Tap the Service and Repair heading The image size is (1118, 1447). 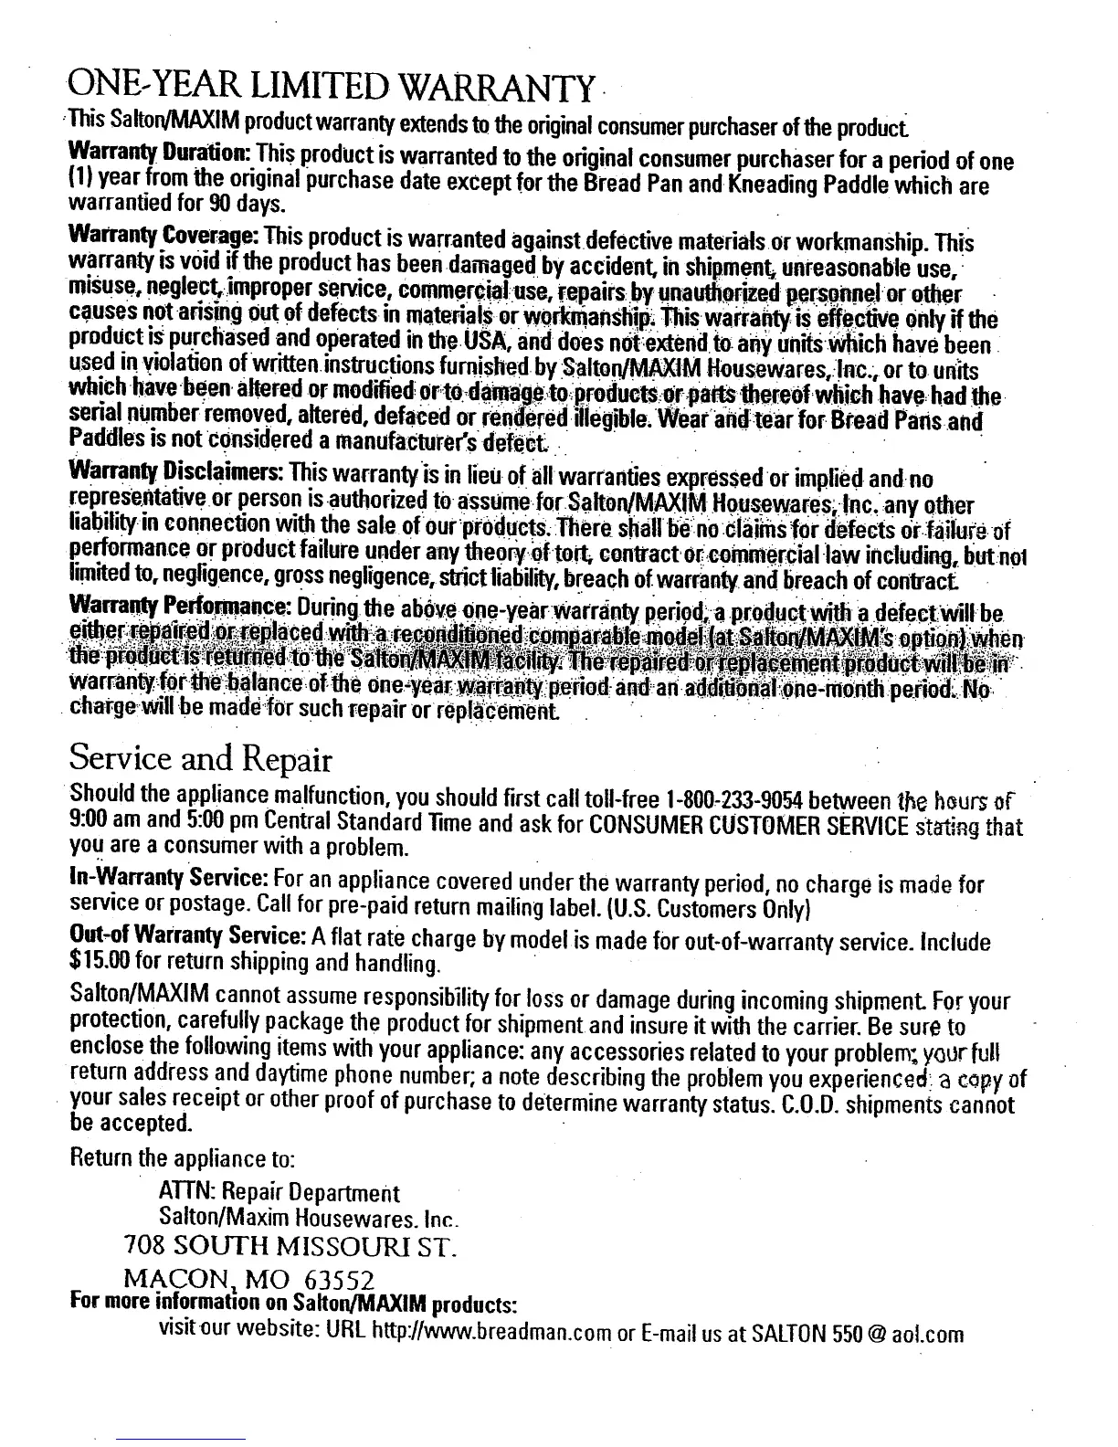[199, 760]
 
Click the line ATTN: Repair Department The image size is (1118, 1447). [279, 1193]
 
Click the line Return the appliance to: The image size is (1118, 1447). [181, 1162]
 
